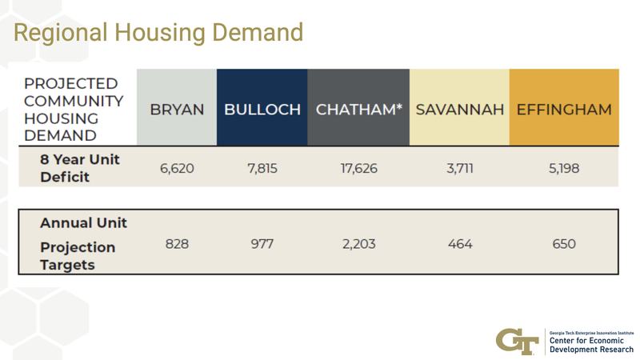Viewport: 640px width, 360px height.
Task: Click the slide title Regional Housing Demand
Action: pyautogui.click(x=159, y=32)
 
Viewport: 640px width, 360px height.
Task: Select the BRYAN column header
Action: pyautogui.click(x=177, y=110)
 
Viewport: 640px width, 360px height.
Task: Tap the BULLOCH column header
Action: pyautogui.click(x=262, y=110)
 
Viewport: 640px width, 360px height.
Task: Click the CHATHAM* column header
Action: pyautogui.click(x=358, y=110)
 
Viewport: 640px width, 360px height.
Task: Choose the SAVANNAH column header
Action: pyautogui.click(x=459, y=110)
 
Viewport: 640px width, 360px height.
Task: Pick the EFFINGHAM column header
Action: pyautogui.click(x=564, y=110)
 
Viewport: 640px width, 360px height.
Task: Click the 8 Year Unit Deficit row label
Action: pyautogui.click(x=80, y=168)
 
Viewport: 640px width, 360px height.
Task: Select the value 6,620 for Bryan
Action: pyautogui.click(x=177, y=169)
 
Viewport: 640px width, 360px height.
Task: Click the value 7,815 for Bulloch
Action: pyautogui.click(x=262, y=169)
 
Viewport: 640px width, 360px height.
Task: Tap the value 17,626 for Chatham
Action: pyautogui.click(x=358, y=169)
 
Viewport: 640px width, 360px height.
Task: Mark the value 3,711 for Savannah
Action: pyautogui.click(x=460, y=169)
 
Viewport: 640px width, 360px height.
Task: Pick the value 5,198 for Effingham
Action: pyautogui.click(x=564, y=169)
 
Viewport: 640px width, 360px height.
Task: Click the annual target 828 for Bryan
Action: pyautogui.click(x=177, y=244)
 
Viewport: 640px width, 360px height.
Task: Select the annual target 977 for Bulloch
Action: pyautogui.click(x=262, y=244)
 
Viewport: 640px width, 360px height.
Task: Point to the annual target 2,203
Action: pyautogui.click(x=358, y=244)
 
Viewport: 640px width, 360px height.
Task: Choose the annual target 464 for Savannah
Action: pyautogui.click(x=460, y=244)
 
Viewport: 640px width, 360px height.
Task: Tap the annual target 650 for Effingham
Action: pyautogui.click(x=564, y=244)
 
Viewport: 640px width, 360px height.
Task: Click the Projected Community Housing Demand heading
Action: pyautogui.click(x=74, y=110)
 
